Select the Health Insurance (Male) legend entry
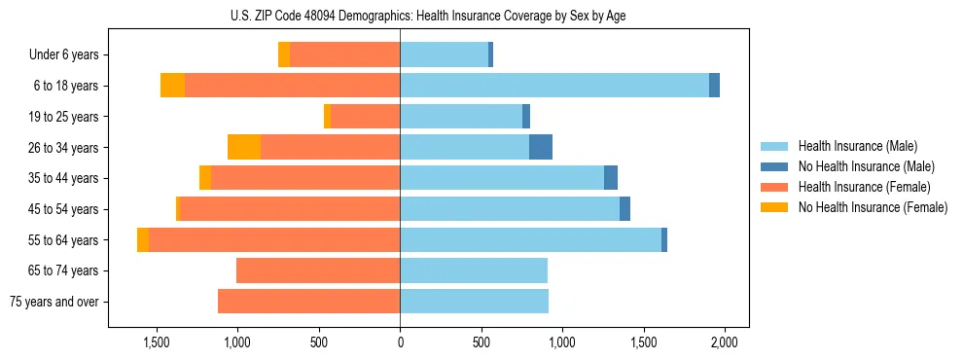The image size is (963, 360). [856, 146]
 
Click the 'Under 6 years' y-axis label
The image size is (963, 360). [64, 55]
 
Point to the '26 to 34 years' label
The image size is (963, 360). [63, 148]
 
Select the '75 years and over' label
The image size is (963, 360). [54, 302]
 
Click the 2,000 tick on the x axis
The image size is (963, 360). [723, 342]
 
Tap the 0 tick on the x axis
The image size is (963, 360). [400, 342]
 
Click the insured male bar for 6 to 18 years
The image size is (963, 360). [554, 86]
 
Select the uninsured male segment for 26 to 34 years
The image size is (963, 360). [541, 147]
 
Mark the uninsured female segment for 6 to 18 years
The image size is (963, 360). [172, 86]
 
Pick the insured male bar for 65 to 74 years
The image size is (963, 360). [474, 270]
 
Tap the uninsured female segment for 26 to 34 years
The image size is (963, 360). [244, 147]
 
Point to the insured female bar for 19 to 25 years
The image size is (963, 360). [366, 117]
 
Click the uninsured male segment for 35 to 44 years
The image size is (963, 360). [611, 178]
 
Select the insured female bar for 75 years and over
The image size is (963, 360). [309, 302]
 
